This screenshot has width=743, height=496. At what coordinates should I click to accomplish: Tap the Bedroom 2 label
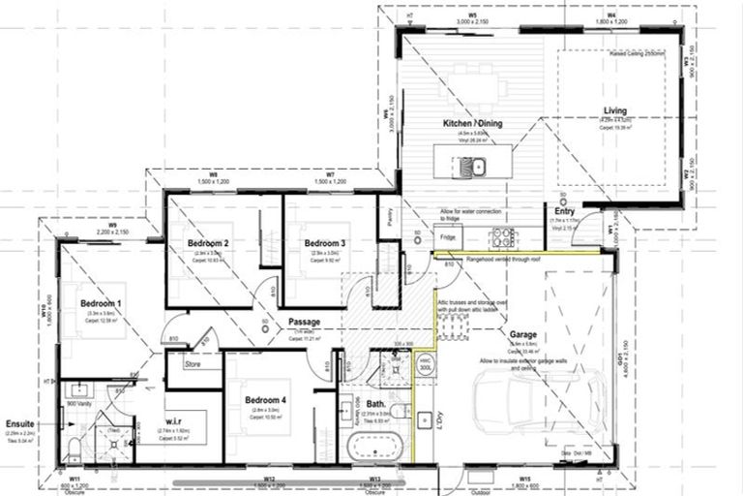[x=208, y=242]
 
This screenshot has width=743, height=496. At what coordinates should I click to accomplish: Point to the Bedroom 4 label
[x=265, y=400]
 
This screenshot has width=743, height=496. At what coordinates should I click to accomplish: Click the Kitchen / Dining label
[x=471, y=126]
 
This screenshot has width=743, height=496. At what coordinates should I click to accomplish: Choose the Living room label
[x=616, y=110]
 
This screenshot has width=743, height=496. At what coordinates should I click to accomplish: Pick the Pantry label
[x=387, y=221]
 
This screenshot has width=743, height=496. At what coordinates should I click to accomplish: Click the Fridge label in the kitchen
[x=447, y=236]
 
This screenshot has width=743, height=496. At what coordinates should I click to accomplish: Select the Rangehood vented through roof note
[x=508, y=259]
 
